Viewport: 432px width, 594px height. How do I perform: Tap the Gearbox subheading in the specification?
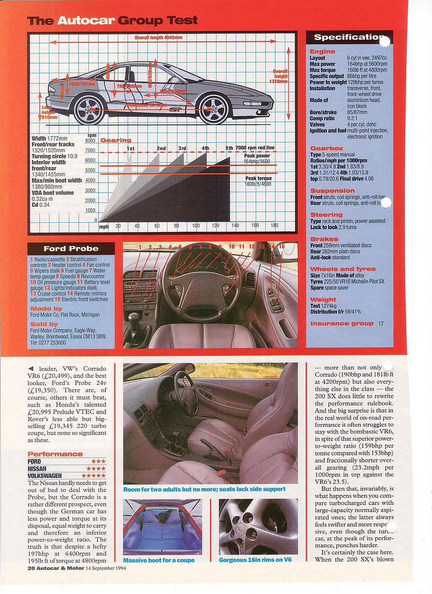[x=326, y=148]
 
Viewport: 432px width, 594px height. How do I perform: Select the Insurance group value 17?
[x=381, y=323]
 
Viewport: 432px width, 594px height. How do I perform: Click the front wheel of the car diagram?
[x=214, y=108]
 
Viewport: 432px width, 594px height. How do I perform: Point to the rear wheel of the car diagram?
[x=88, y=109]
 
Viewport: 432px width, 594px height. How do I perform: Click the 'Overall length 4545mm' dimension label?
[x=158, y=37]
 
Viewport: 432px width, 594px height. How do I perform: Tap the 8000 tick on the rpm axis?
[x=90, y=140]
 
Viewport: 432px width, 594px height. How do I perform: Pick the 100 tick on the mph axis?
[x=196, y=226]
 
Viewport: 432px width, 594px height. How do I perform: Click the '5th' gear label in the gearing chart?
[x=229, y=148]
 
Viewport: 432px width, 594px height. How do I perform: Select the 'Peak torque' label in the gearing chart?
[x=258, y=178]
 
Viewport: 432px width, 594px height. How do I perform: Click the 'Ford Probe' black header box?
[x=71, y=249]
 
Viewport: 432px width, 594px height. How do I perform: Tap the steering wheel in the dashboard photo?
[x=200, y=280]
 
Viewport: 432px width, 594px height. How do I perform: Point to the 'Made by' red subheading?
[x=45, y=309]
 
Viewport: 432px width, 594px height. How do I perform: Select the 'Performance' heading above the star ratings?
[x=55, y=454]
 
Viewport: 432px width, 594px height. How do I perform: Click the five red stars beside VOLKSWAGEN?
[x=93, y=475]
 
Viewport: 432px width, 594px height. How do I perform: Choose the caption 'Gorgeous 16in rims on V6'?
[x=258, y=560]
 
